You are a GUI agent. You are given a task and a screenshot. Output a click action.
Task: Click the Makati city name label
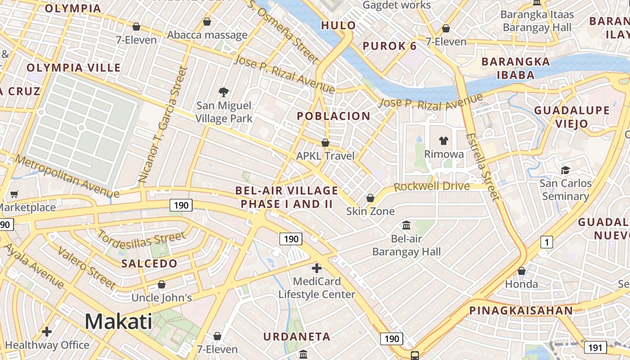(x=118, y=322)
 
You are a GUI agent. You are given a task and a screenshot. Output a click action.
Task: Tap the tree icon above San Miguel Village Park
(x=223, y=93)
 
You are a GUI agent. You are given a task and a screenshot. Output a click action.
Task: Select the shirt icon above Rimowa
(x=444, y=141)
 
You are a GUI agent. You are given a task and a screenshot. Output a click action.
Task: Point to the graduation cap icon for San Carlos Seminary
(x=565, y=170)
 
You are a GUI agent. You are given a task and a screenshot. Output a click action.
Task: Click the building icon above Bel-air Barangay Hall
(x=406, y=225)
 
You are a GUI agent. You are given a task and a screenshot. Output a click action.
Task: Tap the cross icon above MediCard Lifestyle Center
(x=317, y=268)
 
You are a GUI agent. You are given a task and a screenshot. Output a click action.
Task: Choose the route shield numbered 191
(x=595, y=347)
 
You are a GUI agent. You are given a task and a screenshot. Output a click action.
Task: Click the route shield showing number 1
(x=546, y=243)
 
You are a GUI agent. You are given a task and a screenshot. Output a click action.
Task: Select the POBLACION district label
(x=333, y=116)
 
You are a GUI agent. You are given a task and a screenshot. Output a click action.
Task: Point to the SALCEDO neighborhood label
(x=149, y=264)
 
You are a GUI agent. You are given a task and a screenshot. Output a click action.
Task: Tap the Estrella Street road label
(x=483, y=166)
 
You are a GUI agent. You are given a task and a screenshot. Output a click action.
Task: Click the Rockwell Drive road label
(x=432, y=186)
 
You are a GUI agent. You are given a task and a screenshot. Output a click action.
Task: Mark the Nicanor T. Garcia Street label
(x=162, y=124)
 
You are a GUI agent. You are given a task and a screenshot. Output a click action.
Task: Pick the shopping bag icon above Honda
(x=521, y=271)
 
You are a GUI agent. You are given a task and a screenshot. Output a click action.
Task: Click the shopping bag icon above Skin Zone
(x=370, y=198)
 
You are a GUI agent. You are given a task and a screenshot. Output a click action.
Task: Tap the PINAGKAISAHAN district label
(x=521, y=310)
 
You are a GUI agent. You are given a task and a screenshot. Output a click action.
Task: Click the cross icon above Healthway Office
(x=47, y=332)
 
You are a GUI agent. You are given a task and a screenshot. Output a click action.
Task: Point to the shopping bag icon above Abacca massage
(x=207, y=22)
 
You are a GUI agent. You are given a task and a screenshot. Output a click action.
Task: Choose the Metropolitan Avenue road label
(x=67, y=176)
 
